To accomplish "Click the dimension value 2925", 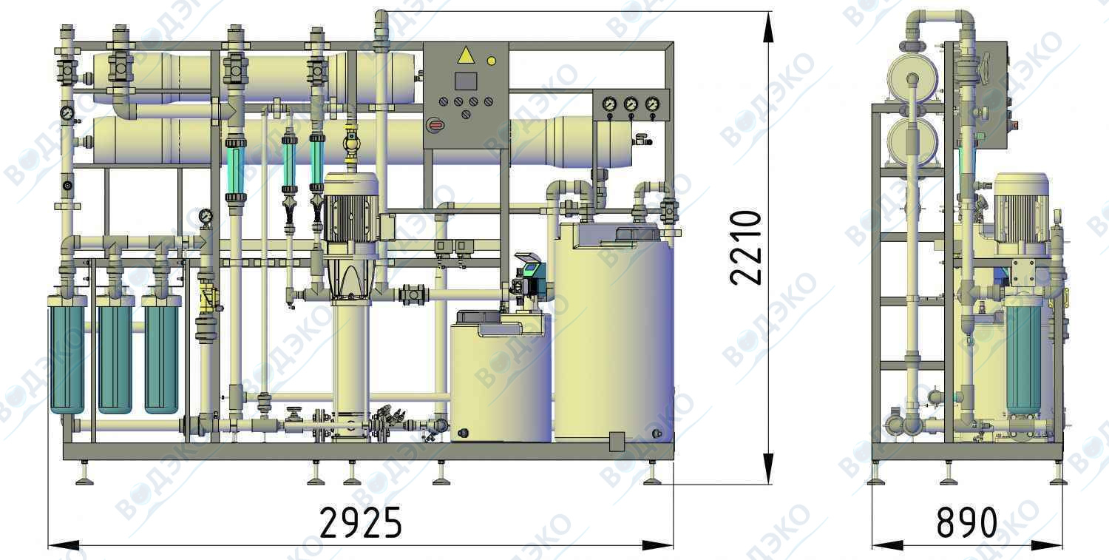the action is [x=361, y=522].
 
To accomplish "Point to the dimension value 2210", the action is [x=745, y=248].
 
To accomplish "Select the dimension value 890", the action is [x=966, y=522].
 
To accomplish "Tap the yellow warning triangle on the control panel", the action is [x=465, y=55].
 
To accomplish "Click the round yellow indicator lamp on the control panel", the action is [x=491, y=61].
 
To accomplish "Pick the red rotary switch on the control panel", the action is [x=435, y=125].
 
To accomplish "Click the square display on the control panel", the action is [x=465, y=81].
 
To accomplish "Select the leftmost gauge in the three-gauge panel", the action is [x=609, y=104].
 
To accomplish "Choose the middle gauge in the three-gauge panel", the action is [x=631, y=104].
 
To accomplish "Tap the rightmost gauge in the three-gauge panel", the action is [x=653, y=104].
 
